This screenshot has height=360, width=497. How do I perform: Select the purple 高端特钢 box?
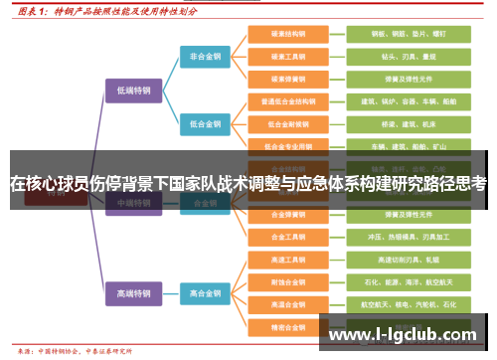click(x=133, y=294)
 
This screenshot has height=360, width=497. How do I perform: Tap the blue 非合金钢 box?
click(x=207, y=57)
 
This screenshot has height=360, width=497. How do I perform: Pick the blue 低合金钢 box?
click(x=207, y=123)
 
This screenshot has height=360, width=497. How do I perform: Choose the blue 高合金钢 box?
click(x=207, y=294)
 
